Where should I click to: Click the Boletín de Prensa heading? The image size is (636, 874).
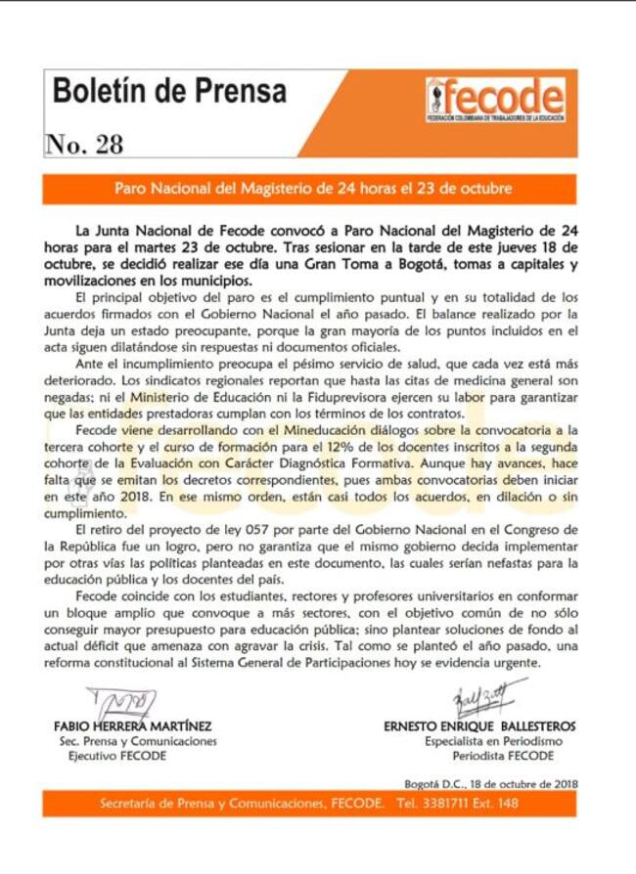coord(169,91)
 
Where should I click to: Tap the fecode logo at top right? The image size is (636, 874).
coord(494,99)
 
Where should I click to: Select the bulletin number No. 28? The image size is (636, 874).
coord(85,144)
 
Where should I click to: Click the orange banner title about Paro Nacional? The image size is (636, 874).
coord(318,188)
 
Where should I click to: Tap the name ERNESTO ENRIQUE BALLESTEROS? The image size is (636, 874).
coord(479,726)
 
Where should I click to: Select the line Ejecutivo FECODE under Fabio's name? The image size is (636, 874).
coord(111,756)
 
